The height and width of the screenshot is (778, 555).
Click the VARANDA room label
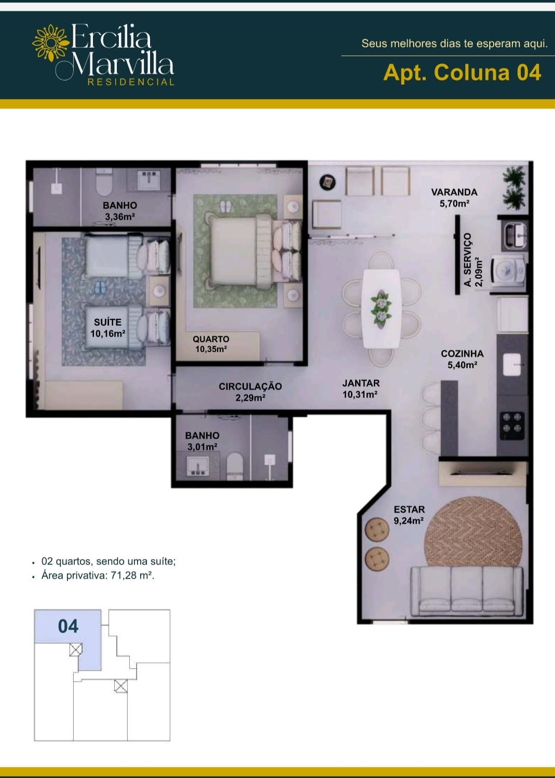point(454,192)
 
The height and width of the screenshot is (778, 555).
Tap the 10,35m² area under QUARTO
point(211,349)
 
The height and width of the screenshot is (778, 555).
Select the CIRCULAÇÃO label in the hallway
point(250,386)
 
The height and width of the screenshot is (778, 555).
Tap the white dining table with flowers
point(381,308)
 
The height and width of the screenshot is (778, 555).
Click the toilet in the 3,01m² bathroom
point(235,466)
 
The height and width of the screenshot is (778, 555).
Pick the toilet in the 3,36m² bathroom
point(104,182)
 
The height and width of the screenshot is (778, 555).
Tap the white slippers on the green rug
point(225,207)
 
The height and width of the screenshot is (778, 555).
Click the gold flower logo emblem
point(51,43)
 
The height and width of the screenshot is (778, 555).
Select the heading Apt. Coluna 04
point(462,73)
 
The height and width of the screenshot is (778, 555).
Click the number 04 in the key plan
point(68,626)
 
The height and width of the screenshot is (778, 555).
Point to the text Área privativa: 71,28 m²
point(98,575)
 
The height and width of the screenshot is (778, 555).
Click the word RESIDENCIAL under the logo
point(131,82)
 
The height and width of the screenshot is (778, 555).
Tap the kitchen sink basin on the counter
point(512,365)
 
